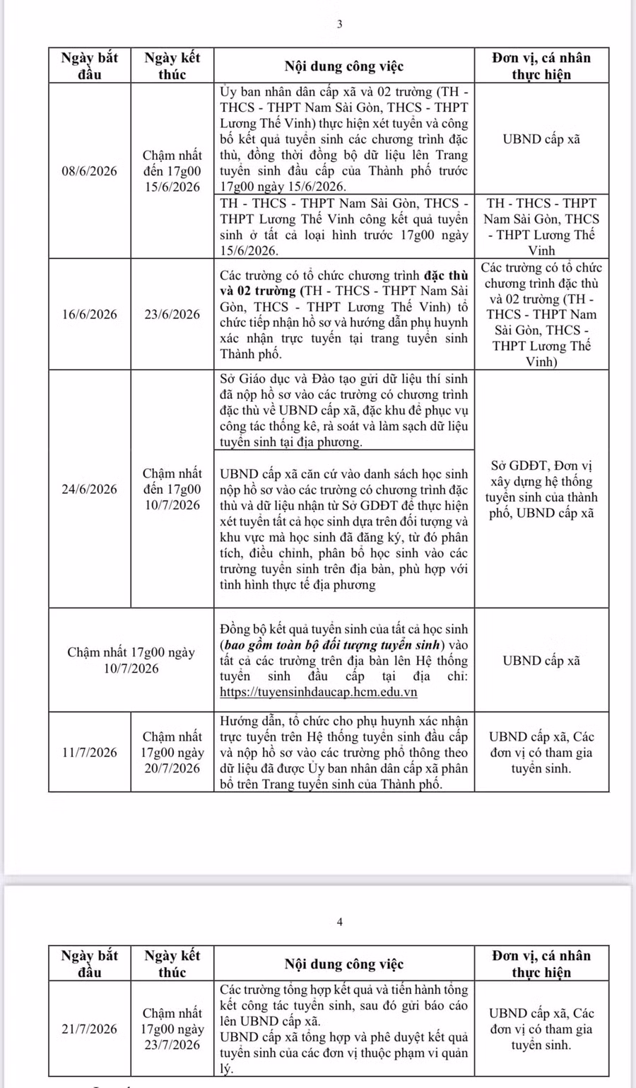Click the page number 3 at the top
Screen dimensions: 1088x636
pos(339,24)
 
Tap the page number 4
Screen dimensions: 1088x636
pos(339,922)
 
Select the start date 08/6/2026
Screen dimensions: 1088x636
pos(90,171)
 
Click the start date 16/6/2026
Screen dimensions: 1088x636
pos(90,315)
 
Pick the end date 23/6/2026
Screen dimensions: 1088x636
pos(172,315)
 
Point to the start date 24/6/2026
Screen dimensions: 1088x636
pos(90,489)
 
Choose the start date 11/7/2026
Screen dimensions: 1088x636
pos(90,752)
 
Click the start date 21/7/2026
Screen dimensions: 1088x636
pos(90,1029)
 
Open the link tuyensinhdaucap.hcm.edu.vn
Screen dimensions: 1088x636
pos(319,692)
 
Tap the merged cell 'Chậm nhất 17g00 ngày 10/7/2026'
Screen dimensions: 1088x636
pos(131,660)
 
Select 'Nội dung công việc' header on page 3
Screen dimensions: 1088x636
pos(344,66)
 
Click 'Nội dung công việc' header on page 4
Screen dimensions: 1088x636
pos(344,963)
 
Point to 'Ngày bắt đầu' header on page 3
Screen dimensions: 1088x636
pos(90,66)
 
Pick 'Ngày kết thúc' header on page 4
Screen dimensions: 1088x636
pos(172,963)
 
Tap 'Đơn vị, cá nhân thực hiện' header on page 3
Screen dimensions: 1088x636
pos(541,66)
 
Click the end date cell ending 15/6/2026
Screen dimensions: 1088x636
pos(172,171)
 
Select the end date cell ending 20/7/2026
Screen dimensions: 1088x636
pos(172,752)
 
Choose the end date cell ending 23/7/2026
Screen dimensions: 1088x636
pos(172,1029)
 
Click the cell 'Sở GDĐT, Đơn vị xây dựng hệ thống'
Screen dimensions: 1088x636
pos(541,489)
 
